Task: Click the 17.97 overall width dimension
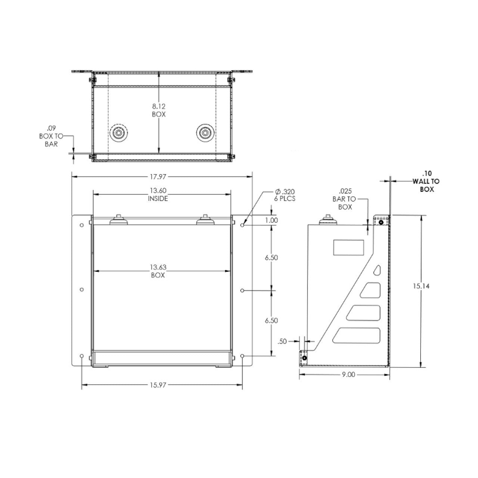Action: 158,177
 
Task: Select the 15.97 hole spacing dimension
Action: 158,385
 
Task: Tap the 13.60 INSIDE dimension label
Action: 158,195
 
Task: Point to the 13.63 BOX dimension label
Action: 158,271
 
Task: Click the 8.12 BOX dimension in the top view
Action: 159,111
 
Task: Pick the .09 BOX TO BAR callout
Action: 51,136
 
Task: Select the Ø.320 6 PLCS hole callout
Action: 285,195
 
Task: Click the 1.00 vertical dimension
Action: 271,220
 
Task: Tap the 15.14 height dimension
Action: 421,286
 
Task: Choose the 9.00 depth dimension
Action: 348,374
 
